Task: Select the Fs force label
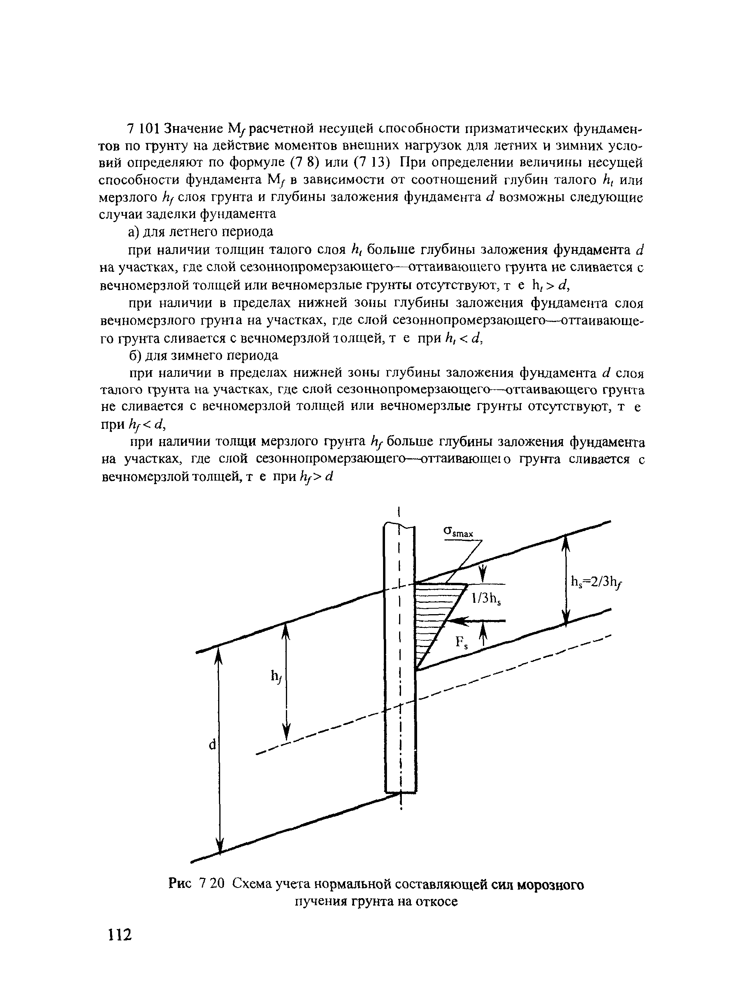(x=463, y=643)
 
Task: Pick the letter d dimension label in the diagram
(x=212, y=745)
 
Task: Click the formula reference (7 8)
(x=305, y=162)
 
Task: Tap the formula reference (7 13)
(x=372, y=162)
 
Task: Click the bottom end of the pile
(x=400, y=791)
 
